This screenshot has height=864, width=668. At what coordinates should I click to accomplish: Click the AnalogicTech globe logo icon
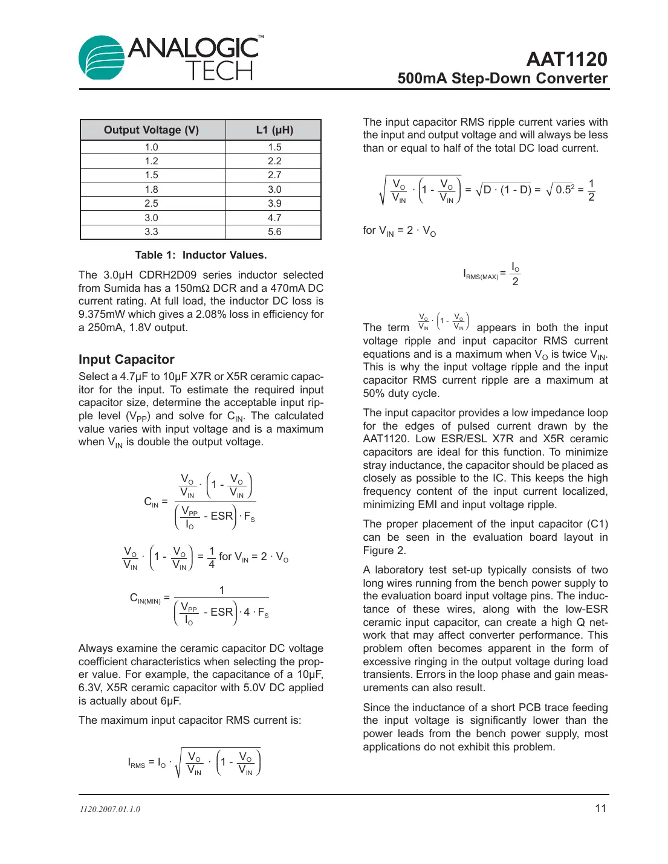(x=101, y=58)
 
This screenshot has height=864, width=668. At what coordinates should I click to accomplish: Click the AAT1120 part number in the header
(x=566, y=59)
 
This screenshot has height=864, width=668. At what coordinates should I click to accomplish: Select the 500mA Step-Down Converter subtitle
(x=502, y=79)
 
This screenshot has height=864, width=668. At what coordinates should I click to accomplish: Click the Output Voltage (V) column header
(x=151, y=130)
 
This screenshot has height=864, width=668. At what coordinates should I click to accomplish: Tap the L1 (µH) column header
(x=274, y=130)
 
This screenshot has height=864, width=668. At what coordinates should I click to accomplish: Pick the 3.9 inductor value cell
(x=274, y=204)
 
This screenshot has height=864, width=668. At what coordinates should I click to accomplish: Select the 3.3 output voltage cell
(x=151, y=232)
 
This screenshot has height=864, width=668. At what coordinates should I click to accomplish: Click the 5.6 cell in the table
(x=274, y=232)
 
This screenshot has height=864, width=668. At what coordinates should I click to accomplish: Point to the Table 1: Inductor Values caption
(x=201, y=255)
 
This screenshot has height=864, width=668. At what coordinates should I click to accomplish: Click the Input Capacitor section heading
(x=126, y=359)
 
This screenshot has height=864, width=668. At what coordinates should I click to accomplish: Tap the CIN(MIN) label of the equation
(x=145, y=599)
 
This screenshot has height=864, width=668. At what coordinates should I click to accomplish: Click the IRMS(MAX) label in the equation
(x=481, y=275)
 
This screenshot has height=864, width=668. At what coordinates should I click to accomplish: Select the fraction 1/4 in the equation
(x=212, y=557)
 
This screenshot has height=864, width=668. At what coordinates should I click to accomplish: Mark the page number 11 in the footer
(x=600, y=808)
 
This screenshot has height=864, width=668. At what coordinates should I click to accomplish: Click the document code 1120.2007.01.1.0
(x=110, y=809)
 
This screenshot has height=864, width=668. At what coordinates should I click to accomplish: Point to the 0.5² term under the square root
(x=565, y=189)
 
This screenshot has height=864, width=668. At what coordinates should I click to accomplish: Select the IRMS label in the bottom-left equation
(x=137, y=763)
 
